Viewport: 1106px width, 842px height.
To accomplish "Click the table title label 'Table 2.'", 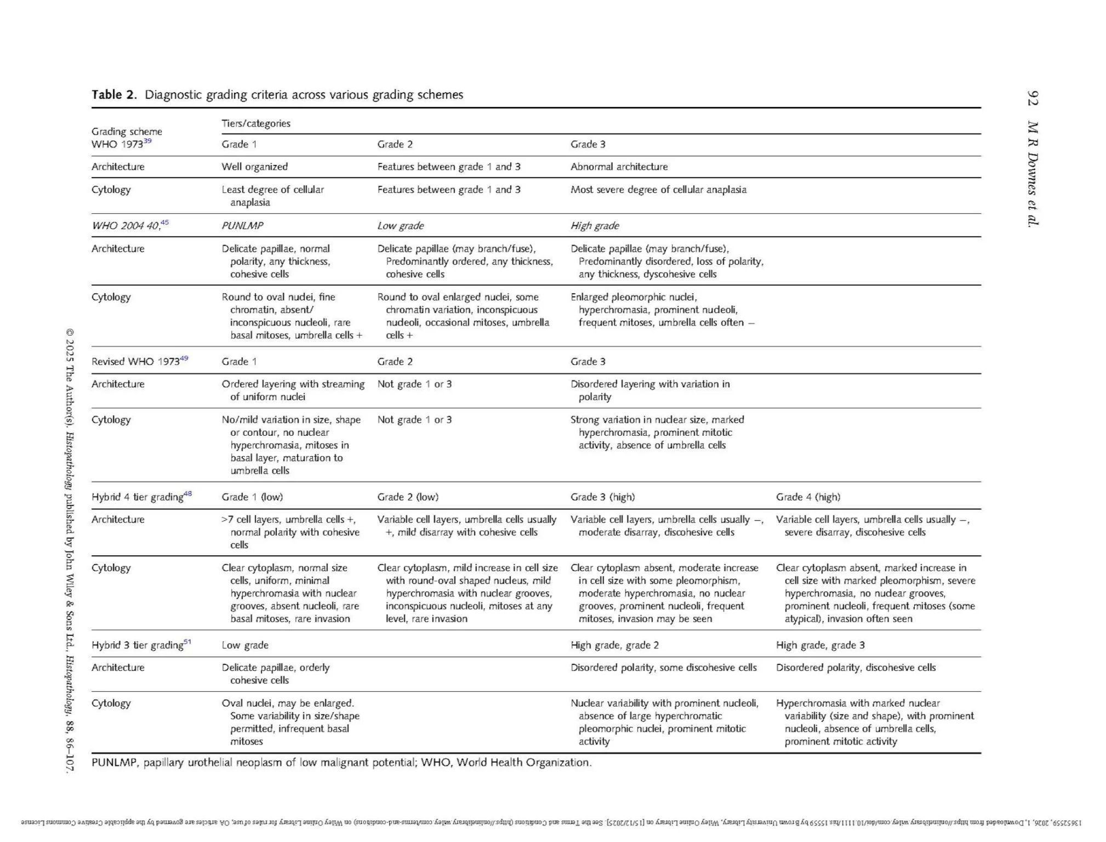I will click(x=114, y=95).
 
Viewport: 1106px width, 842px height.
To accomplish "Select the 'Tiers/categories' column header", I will click(x=255, y=123).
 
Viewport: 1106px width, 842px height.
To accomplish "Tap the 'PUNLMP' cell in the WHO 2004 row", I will click(x=242, y=225).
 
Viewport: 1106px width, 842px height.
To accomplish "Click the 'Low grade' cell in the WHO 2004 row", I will click(x=400, y=225).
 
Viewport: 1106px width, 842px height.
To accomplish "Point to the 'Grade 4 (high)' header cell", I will click(x=807, y=497).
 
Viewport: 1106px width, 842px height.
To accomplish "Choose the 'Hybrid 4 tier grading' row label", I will click(x=137, y=497).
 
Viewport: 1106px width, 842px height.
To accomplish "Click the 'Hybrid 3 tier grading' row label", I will click(x=137, y=645).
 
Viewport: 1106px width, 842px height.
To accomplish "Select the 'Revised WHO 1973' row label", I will click(x=135, y=361).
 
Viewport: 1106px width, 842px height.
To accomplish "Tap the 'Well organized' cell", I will click(x=254, y=167).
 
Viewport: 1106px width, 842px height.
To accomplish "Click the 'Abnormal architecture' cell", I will click(x=619, y=167).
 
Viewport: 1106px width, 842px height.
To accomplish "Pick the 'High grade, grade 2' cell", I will click(x=614, y=645).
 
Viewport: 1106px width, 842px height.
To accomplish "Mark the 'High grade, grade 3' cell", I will click(x=820, y=645).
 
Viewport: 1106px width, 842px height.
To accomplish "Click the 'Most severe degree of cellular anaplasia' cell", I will click(x=658, y=190).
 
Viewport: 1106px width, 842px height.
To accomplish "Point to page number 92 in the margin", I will click(x=1032, y=98).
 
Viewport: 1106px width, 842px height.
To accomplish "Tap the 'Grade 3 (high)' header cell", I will click(x=602, y=497).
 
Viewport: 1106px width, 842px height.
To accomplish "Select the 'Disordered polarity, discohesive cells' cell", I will click(x=856, y=667).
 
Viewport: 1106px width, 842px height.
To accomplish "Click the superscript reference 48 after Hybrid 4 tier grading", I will click(x=187, y=493).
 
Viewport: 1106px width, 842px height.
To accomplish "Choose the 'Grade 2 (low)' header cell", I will click(x=408, y=497).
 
